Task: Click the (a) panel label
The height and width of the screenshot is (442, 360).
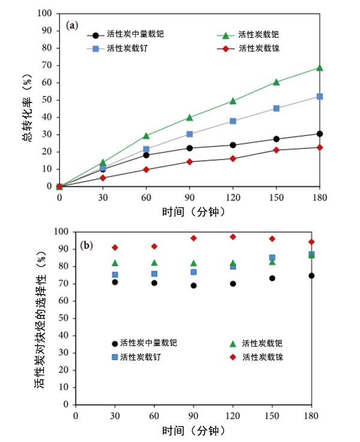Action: click(72, 25)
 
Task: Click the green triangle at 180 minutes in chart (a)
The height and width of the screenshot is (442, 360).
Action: click(320, 68)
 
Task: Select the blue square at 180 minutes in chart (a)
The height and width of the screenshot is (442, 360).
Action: click(320, 97)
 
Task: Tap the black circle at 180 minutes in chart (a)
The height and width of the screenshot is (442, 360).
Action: click(320, 134)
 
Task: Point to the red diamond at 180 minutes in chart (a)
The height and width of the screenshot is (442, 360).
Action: click(320, 147)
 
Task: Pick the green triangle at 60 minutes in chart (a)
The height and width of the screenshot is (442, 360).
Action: click(146, 136)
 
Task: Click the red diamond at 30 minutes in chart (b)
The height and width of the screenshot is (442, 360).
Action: click(115, 248)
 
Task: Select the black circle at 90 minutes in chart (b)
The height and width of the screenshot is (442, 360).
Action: click(194, 285)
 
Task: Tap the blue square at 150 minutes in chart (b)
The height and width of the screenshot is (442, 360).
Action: click(272, 258)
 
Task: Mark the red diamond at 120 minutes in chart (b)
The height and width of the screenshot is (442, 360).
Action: click(233, 237)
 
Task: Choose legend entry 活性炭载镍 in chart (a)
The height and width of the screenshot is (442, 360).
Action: click(259, 48)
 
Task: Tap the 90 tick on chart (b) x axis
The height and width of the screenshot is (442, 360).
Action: click(193, 416)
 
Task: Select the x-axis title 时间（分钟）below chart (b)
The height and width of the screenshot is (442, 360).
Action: click(193, 431)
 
